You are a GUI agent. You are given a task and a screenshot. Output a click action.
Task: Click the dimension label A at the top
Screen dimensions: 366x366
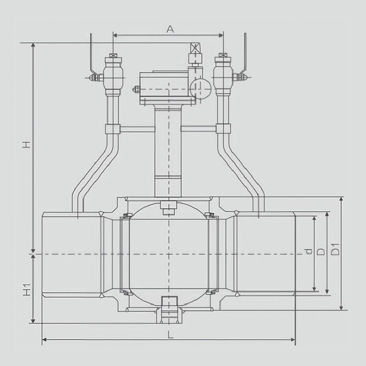click(170, 29)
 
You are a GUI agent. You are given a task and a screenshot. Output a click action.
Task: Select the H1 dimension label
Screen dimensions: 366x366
click(27, 290)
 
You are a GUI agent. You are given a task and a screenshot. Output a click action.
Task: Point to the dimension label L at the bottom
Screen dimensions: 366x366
click(171, 335)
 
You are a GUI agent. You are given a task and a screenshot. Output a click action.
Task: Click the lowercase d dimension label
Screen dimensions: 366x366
click(309, 251)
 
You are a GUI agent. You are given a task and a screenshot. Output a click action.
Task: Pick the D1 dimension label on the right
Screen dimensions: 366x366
click(335, 249)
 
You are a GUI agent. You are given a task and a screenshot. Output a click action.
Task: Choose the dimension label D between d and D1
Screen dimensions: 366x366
click(321, 251)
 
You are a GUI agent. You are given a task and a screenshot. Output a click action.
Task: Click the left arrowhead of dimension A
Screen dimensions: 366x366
click(115, 35)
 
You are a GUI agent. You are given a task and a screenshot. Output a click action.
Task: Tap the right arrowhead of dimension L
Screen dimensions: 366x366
click(293, 339)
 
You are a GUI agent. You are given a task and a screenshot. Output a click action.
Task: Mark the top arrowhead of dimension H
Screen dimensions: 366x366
click(33, 45)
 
